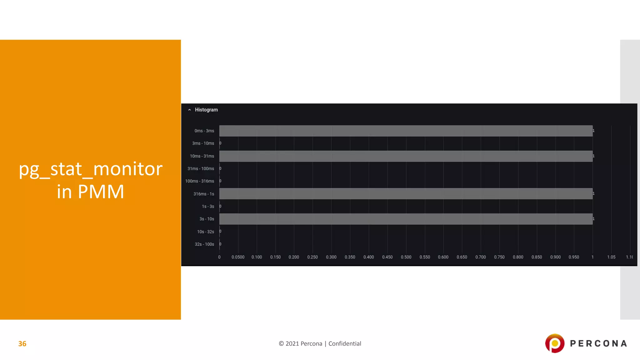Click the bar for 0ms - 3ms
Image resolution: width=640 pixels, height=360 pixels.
[406, 131]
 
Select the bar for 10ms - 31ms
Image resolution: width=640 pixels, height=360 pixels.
[406, 156]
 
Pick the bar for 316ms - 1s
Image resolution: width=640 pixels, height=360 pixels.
[406, 194]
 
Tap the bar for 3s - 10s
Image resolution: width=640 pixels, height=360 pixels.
[406, 219]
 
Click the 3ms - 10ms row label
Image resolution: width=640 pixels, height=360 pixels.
[203, 143]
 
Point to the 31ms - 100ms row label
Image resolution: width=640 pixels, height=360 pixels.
[201, 169]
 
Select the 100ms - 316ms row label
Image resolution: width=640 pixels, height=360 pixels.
[200, 181]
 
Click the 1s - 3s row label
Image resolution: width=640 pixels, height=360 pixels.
[208, 207]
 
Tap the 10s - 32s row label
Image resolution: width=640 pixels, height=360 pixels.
[205, 232]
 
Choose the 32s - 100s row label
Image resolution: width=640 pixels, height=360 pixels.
[204, 244]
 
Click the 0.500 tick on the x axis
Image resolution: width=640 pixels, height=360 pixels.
[406, 257]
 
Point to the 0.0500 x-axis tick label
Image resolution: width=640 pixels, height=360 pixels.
[238, 257]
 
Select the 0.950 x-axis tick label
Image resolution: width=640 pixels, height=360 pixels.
[574, 257]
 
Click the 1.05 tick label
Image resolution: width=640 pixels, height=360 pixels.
[611, 257]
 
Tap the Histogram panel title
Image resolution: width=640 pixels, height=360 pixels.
[206, 110]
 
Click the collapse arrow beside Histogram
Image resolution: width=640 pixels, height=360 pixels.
[189, 110]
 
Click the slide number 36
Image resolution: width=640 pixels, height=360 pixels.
[22, 344]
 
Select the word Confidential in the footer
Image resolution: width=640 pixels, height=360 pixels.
[345, 344]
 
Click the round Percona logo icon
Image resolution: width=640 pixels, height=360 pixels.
[555, 343]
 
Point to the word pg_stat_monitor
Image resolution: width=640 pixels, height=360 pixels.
[91, 169]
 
